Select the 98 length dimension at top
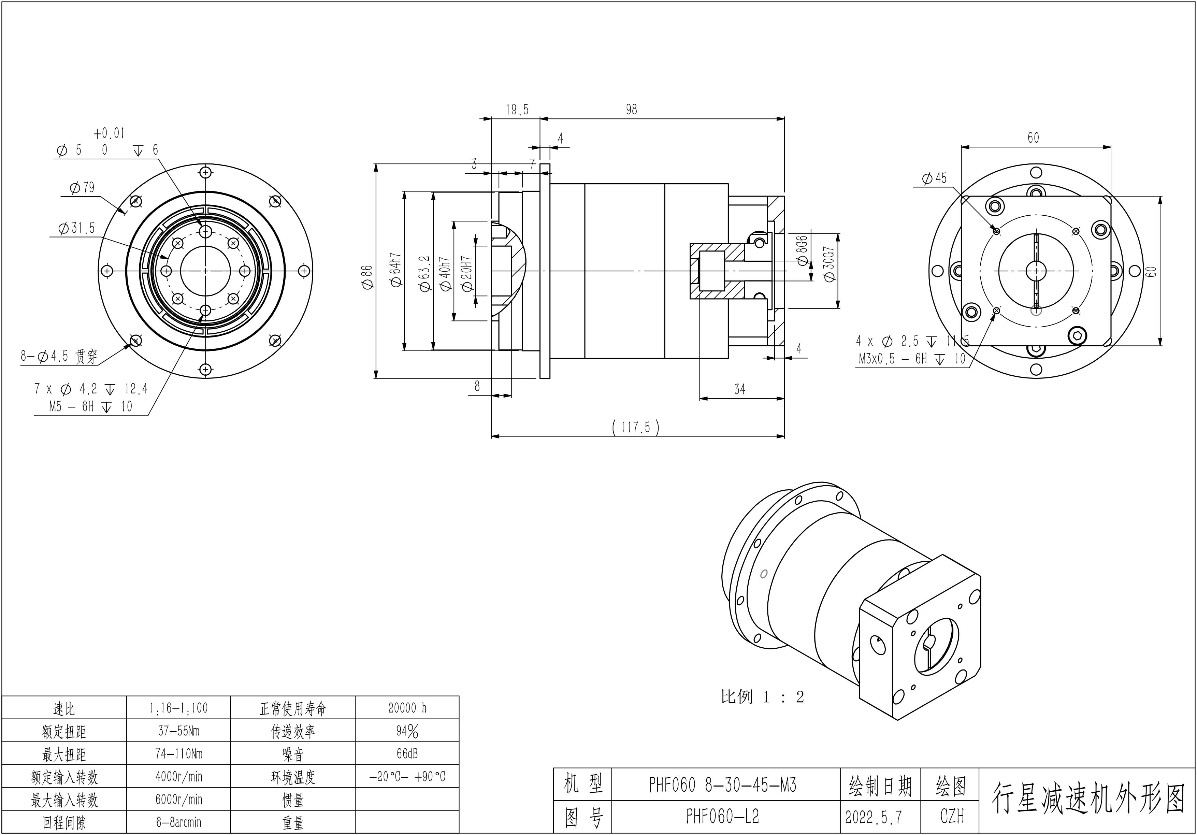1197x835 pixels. [x=631, y=110]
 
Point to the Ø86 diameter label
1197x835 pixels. [x=367, y=277]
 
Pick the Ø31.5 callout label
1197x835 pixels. [x=77, y=228]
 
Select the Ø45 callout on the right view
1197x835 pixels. [x=934, y=179]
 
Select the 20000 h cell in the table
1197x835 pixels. [x=407, y=708]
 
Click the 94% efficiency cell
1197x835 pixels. [x=407, y=731]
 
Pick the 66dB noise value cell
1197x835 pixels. [x=407, y=754]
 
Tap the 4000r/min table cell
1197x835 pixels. [x=178, y=777]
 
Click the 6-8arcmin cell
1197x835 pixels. [x=178, y=822]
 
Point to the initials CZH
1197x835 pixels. [x=952, y=816]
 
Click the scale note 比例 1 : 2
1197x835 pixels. [x=762, y=697]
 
